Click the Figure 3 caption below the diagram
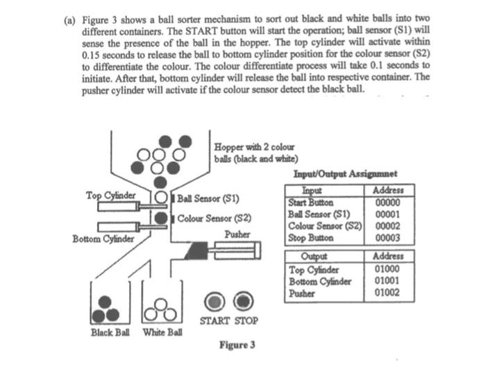point(237,345)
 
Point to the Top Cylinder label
point(113,195)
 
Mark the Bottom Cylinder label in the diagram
point(103,239)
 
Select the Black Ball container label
point(112,332)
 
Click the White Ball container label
point(162,332)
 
